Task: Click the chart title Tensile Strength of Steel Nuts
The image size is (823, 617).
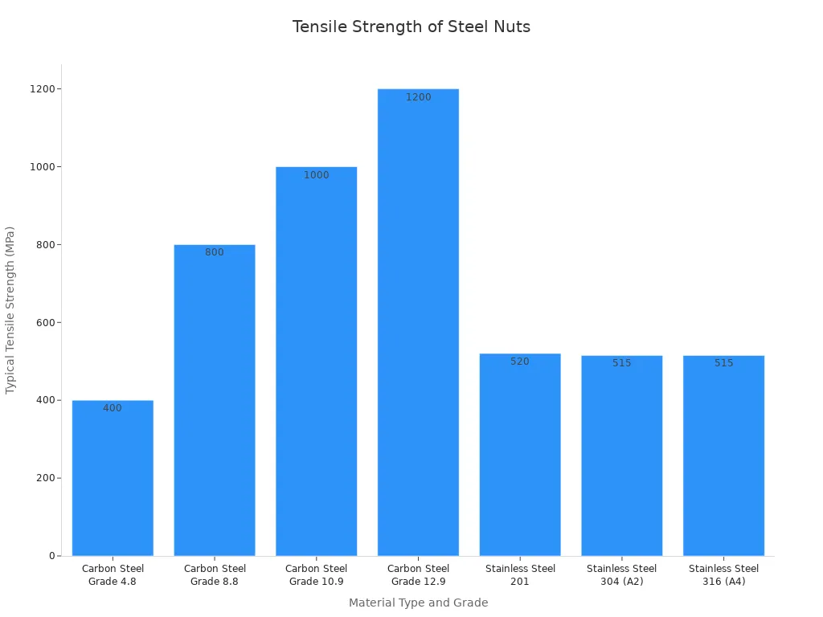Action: (x=411, y=27)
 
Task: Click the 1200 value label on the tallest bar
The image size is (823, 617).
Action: (x=418, y=97)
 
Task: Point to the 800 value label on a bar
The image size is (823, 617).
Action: (x=215, y=252)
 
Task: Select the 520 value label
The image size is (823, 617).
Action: (x=520, y=362)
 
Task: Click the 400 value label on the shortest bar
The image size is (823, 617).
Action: (x=113, y=408)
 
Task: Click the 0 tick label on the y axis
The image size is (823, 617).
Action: (x=51, y=556)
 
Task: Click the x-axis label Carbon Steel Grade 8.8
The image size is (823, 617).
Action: (x=215, y=575)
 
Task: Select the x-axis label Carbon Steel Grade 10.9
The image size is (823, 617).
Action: (x=317, y=575)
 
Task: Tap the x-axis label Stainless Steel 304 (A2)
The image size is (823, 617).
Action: (x=622, y=575)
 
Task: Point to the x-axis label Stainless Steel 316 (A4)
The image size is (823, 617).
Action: (x=723, y=575)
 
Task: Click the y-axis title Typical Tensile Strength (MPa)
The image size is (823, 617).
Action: (x=10, y=309)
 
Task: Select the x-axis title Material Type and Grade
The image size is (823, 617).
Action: (x=418, y=603)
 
